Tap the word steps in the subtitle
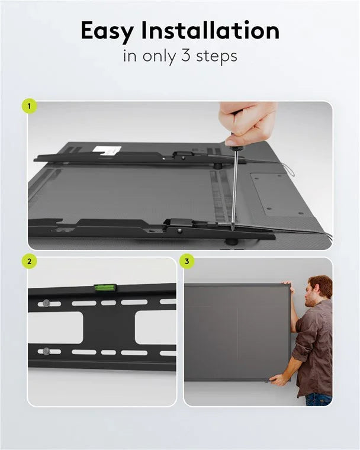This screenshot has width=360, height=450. click(217, 57)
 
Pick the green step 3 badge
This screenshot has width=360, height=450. click(187, 261)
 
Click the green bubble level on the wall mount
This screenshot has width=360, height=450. click(105, 288)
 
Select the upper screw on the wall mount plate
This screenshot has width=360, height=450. click(46, 303)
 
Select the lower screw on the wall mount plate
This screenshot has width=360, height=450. click(46, 351)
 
